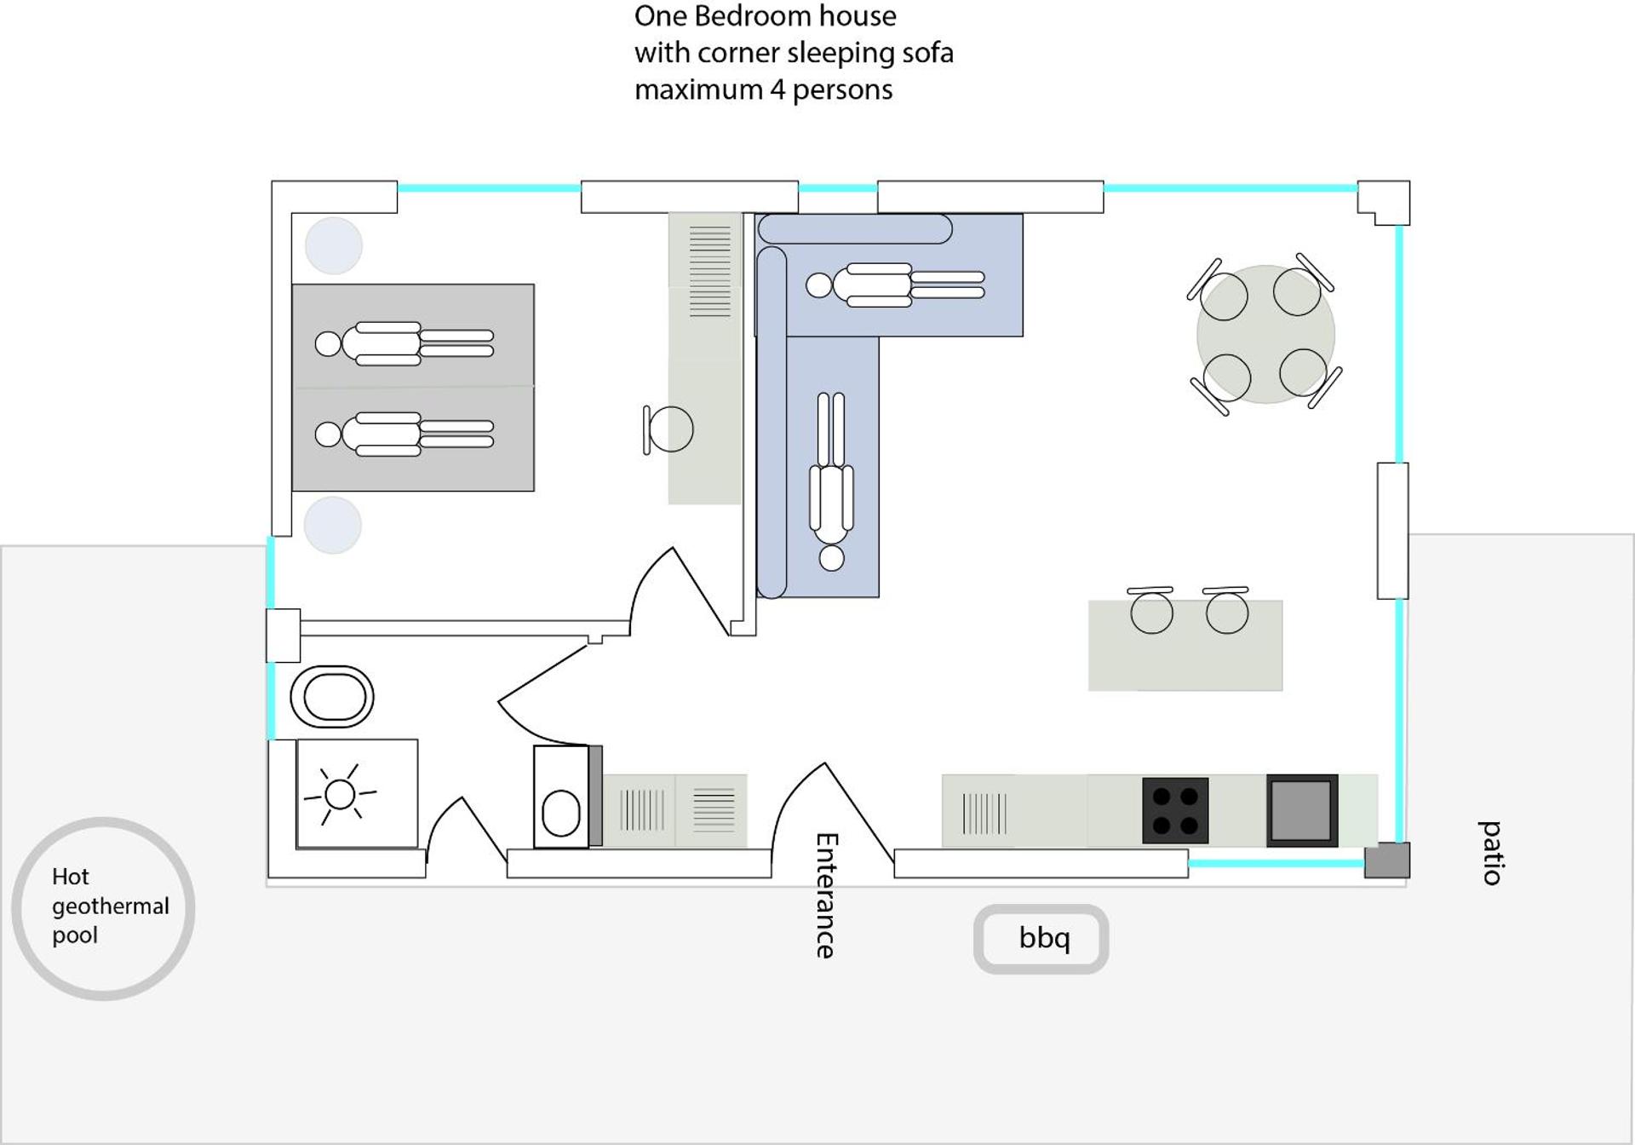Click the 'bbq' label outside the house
pyautogui.click(x=1044, y=938)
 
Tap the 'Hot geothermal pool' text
pyautogui.click(x=110, y=906)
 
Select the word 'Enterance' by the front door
pyautogui.click(x=825, y=895)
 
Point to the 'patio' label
pyautogui.click(x=1490, y=853)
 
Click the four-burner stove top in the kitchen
pyautogui.click(x=1175, y=810)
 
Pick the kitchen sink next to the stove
pyautogui.click(x=1302, y=810)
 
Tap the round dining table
pyautogui.click(x=1265, y=334)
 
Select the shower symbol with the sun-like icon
pyautogui.click(x=357, y=794)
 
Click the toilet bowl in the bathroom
pyautogui.click(x=561, y=797)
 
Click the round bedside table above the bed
pyautogui.click(x=334, y=245)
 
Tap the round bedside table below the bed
pyautogui.click(x=333, y=525)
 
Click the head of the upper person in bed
pyautogui.click(x=328, y=344)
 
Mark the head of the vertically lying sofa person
pyautogui.click(x=832, y=559)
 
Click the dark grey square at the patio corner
pyautogui.click(x=1387, y=860)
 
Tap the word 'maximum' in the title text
pyautogui.click(x=699, y=89)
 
